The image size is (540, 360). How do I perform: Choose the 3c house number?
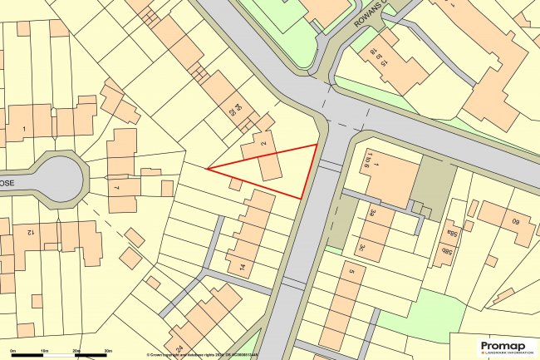click(362, 246)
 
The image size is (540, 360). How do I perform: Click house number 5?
click(351, 272)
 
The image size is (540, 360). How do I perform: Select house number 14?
click(242, 267)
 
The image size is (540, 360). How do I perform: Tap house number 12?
click(29, 231)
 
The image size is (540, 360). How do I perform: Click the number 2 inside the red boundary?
click(263, 145)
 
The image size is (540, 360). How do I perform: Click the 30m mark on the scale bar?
click(108, 351)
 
